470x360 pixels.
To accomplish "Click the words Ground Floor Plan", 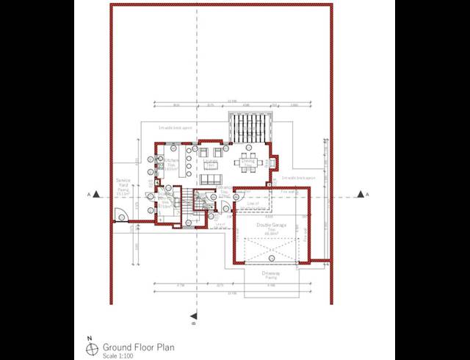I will tap(138, 346).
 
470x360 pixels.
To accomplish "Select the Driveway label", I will tap(270, 275).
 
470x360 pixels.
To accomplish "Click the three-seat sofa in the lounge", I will tap(211, 179).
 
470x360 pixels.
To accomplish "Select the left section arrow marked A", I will tap(89, 194).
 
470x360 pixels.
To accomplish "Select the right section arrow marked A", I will tap(361, 194).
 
